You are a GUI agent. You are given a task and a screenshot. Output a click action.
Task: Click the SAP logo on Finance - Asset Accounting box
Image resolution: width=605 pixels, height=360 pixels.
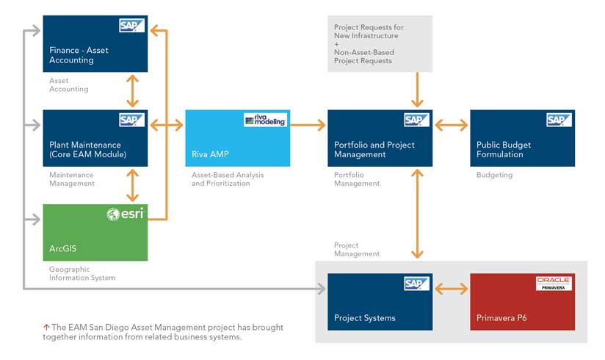tap(131, 26)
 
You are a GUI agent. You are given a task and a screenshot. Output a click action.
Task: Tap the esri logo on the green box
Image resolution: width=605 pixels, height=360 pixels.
tap(126, 213)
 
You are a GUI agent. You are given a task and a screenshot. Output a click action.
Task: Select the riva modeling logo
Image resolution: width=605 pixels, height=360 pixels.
tap(266, 120)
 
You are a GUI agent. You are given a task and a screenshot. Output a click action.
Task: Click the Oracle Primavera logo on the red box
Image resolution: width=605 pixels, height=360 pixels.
tap(554, 283)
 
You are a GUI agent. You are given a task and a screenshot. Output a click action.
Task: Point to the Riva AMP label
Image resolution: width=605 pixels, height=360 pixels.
tap(210, 154)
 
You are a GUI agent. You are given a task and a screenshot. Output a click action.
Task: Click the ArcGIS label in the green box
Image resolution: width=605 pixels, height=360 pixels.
tap(63, 248)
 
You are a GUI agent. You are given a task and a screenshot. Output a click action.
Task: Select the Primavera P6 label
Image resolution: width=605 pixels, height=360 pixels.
tap(501, 318)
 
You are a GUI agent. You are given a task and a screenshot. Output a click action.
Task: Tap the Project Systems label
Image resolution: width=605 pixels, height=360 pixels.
tap(365, 318)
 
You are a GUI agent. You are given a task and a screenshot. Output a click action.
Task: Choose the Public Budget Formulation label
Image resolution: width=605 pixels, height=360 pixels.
tap(504, 149)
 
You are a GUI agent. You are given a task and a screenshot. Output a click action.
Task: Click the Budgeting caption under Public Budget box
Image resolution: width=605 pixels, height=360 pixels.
tap(495, 175)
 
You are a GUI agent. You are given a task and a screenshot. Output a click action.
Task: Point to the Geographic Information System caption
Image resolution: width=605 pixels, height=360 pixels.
tap(82, 273)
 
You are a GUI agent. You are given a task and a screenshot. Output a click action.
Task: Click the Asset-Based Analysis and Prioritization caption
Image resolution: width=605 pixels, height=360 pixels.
tap(228, 179)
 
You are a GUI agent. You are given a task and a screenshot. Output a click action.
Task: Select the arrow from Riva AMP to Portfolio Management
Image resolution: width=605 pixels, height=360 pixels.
tap(308, 125)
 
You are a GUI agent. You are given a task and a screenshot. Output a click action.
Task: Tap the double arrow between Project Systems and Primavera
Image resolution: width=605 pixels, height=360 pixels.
tap(451, 289)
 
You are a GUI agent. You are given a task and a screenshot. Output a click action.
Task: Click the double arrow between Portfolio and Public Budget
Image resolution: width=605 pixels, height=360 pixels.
tap(451, 125)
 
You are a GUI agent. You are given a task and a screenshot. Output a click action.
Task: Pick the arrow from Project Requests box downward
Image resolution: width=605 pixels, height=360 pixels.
tap(417, 90)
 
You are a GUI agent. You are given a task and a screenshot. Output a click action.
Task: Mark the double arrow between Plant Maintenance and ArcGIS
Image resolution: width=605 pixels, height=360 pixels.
tap(132, 185)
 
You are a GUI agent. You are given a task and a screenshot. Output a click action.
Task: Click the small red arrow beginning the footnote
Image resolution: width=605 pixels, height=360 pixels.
tap(46, 327)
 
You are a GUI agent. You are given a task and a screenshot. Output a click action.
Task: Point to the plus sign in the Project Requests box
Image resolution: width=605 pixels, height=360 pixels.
tap(336, 44)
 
